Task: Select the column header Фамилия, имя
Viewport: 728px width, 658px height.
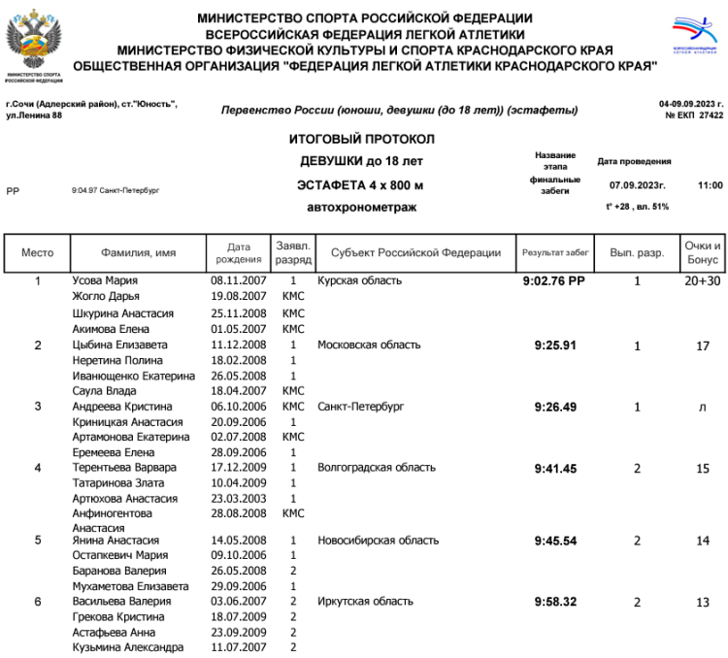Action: click(x=139, y=252)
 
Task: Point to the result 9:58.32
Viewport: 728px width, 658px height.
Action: click(x=555, y=602)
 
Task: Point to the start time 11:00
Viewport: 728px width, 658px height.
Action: click(x=710, y=184)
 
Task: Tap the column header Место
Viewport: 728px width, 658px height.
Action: click(x=37, y=252)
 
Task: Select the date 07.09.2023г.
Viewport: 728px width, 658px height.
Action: click(x=636, y=184)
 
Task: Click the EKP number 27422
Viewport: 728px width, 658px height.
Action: click(x=711, y=115)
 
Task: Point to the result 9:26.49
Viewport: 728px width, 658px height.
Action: click(x=555, y=407)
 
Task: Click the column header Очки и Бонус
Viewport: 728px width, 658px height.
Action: click(x=703, y=252)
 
